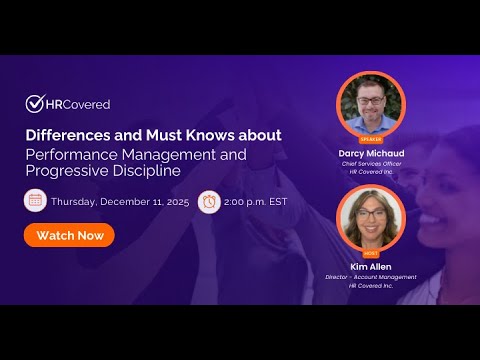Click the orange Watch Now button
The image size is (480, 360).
pos(69,235)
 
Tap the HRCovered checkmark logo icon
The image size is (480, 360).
pos(35,103)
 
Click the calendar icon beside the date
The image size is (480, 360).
pos(35,200)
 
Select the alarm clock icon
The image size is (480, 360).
pos(210,200)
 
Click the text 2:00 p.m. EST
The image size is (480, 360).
pos(257,200)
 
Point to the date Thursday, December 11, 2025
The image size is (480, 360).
pos(119,200)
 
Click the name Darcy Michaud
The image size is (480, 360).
pos(370,153)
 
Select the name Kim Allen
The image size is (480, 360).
pos(370,266)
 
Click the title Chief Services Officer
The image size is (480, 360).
pos(370,164)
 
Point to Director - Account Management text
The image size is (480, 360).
pos(370,277)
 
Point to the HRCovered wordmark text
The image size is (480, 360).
pos(79,104)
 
